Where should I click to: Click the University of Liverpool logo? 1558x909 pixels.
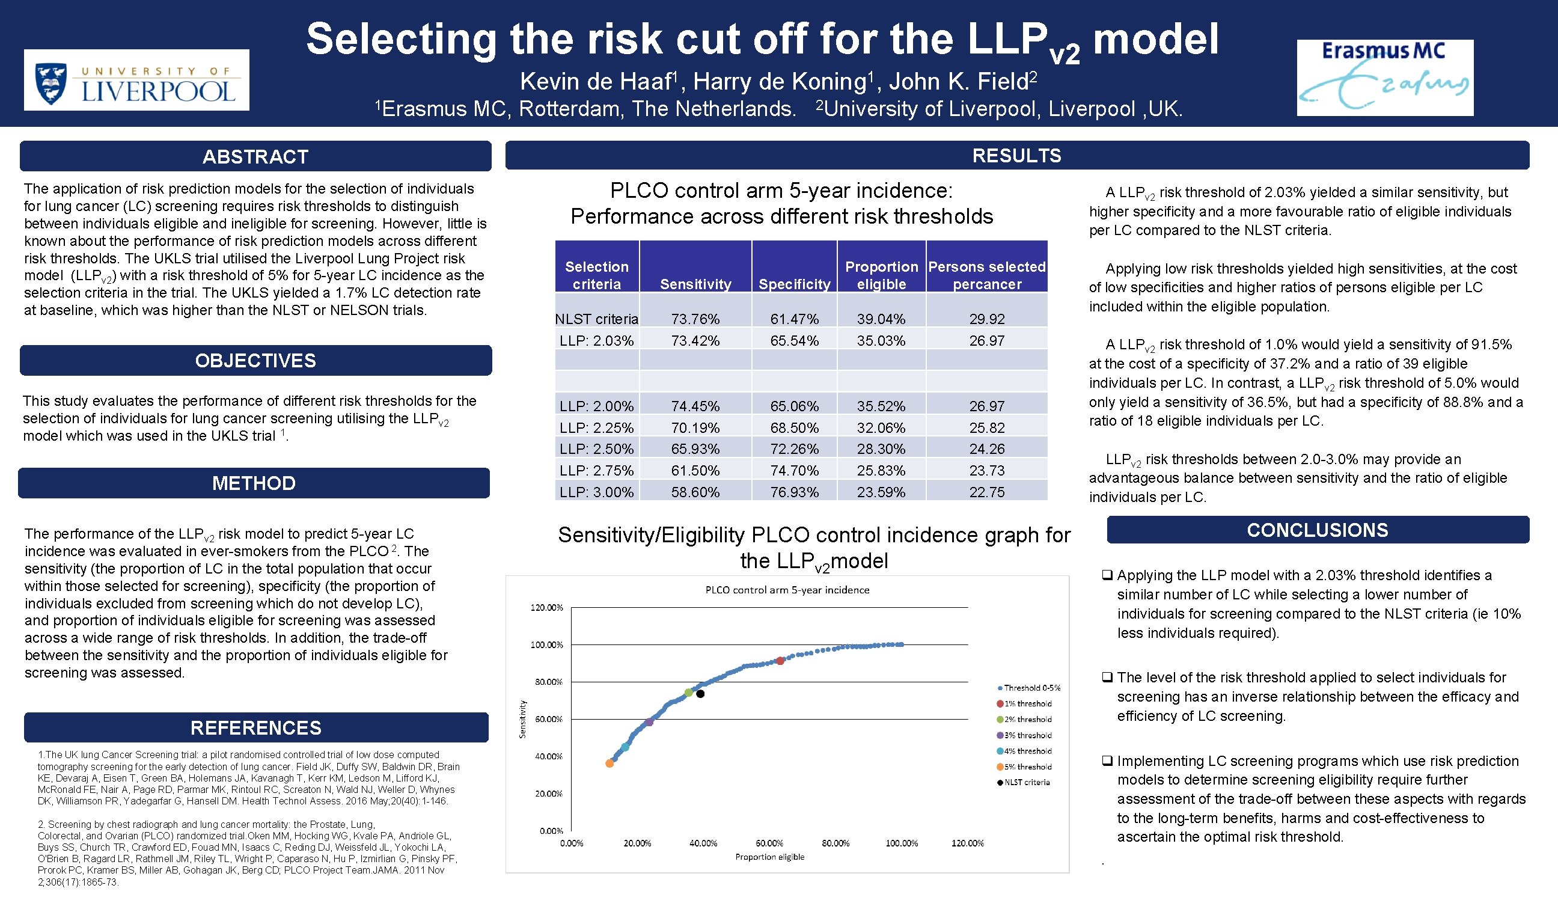point(136,81)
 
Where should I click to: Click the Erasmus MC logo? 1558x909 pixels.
point(1384,78)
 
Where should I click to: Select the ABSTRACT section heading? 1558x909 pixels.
point(255,156)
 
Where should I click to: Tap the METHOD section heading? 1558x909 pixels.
point(254,483)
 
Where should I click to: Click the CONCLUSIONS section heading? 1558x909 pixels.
point(1317,530)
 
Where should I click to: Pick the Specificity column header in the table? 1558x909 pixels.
point(794,284)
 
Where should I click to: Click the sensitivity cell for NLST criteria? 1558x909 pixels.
point(695,319)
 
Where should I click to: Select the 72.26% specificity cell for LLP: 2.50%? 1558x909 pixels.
point(794,449)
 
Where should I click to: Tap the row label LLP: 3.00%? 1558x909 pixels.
point(596,492)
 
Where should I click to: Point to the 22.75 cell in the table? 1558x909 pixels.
point(986,492)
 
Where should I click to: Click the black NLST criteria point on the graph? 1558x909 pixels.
point(700,694)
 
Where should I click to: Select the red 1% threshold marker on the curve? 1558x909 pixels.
point(780,661)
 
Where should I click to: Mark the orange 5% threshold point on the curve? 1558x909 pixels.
point(609,764)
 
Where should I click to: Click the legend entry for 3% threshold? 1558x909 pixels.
point(1026,735)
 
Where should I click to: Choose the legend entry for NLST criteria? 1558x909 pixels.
point(1026,782)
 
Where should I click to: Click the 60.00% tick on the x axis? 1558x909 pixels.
point(769,843)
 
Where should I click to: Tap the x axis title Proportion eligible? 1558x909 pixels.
point(769,857)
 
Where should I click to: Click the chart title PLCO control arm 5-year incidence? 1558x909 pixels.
point(787,590)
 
